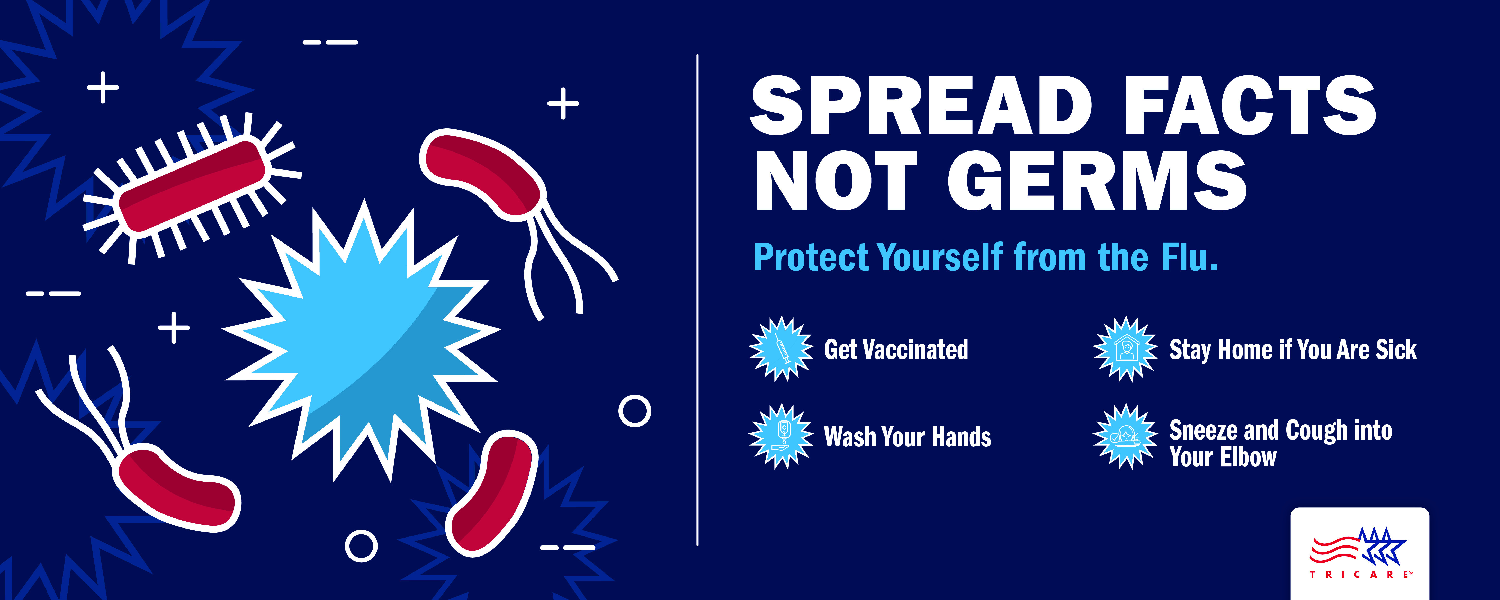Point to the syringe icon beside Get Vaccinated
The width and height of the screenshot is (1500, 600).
pyautogui.click(x=781, y=349)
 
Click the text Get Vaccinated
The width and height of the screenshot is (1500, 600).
pyautogui.click(x=896, y=350)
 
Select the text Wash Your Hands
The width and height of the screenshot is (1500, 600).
pyautogui.click(x=907, y=437)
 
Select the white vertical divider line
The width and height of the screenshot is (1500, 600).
pyautogui.click(x=697, y=300)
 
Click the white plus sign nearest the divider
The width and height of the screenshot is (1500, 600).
pyautogui.click(x=563, y=104)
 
